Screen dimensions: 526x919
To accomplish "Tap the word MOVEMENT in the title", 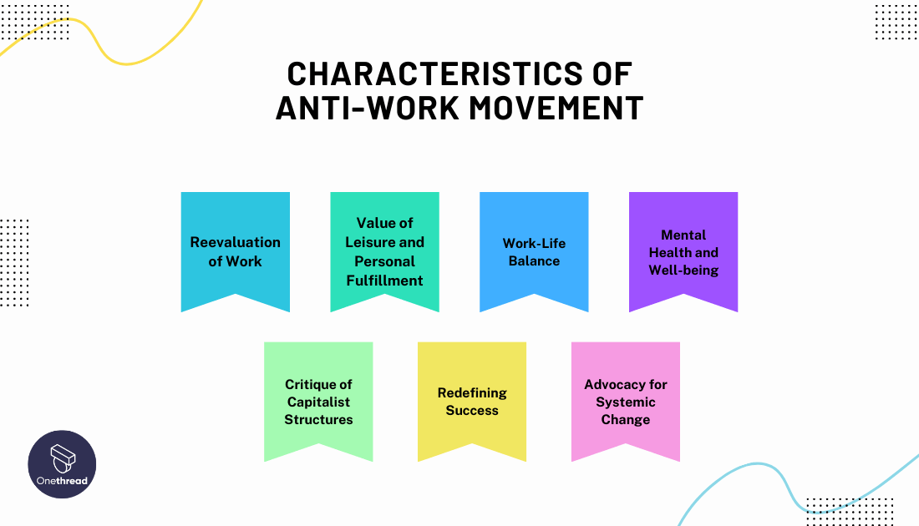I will point(561,109).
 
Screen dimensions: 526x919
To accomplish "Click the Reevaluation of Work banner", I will point(236,250).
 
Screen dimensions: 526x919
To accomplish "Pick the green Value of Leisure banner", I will point(384,250).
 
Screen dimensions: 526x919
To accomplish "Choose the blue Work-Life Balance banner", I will point(534,250).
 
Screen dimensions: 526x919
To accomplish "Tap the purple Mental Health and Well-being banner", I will point(683,250).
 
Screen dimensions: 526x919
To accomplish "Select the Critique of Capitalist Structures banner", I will point(318,401).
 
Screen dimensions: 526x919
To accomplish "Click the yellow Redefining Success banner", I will point(472,401).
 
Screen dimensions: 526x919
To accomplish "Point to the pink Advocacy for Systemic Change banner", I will point(626,401).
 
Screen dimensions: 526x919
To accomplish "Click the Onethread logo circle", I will point(62,464).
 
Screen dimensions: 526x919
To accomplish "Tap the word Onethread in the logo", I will point(62,480).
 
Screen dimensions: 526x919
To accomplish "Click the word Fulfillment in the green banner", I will point(384,281).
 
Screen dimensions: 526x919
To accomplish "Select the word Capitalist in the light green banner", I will point(318,402).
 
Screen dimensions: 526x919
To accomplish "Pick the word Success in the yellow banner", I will point(472,411).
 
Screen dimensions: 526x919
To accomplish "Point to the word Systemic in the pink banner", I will point(626,402).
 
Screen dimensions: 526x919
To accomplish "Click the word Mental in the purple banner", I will point(683,235).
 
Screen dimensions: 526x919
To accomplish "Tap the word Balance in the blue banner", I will point(534,261).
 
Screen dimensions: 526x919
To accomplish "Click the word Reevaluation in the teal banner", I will point(236,242).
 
